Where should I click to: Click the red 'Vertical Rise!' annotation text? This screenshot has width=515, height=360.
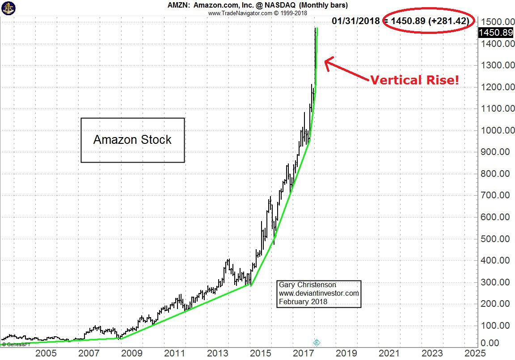(x=414, y=80)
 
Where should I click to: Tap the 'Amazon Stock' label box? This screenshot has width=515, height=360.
(x=132, y=140)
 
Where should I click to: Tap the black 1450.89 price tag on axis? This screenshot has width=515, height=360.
(x=495, y=33)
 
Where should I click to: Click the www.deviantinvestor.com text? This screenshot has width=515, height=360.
(x=319, y=293)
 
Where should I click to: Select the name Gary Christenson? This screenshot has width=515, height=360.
(x=307, y=285)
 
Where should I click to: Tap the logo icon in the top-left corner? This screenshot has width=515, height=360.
(x=8, y=8)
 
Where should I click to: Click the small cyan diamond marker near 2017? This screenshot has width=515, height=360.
(x=317, y=343)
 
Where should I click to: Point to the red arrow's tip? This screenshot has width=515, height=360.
(x=325, y=61)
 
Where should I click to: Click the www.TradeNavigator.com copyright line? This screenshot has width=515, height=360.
(x=257, y=13)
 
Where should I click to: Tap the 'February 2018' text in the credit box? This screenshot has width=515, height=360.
(x=303, y=301)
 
